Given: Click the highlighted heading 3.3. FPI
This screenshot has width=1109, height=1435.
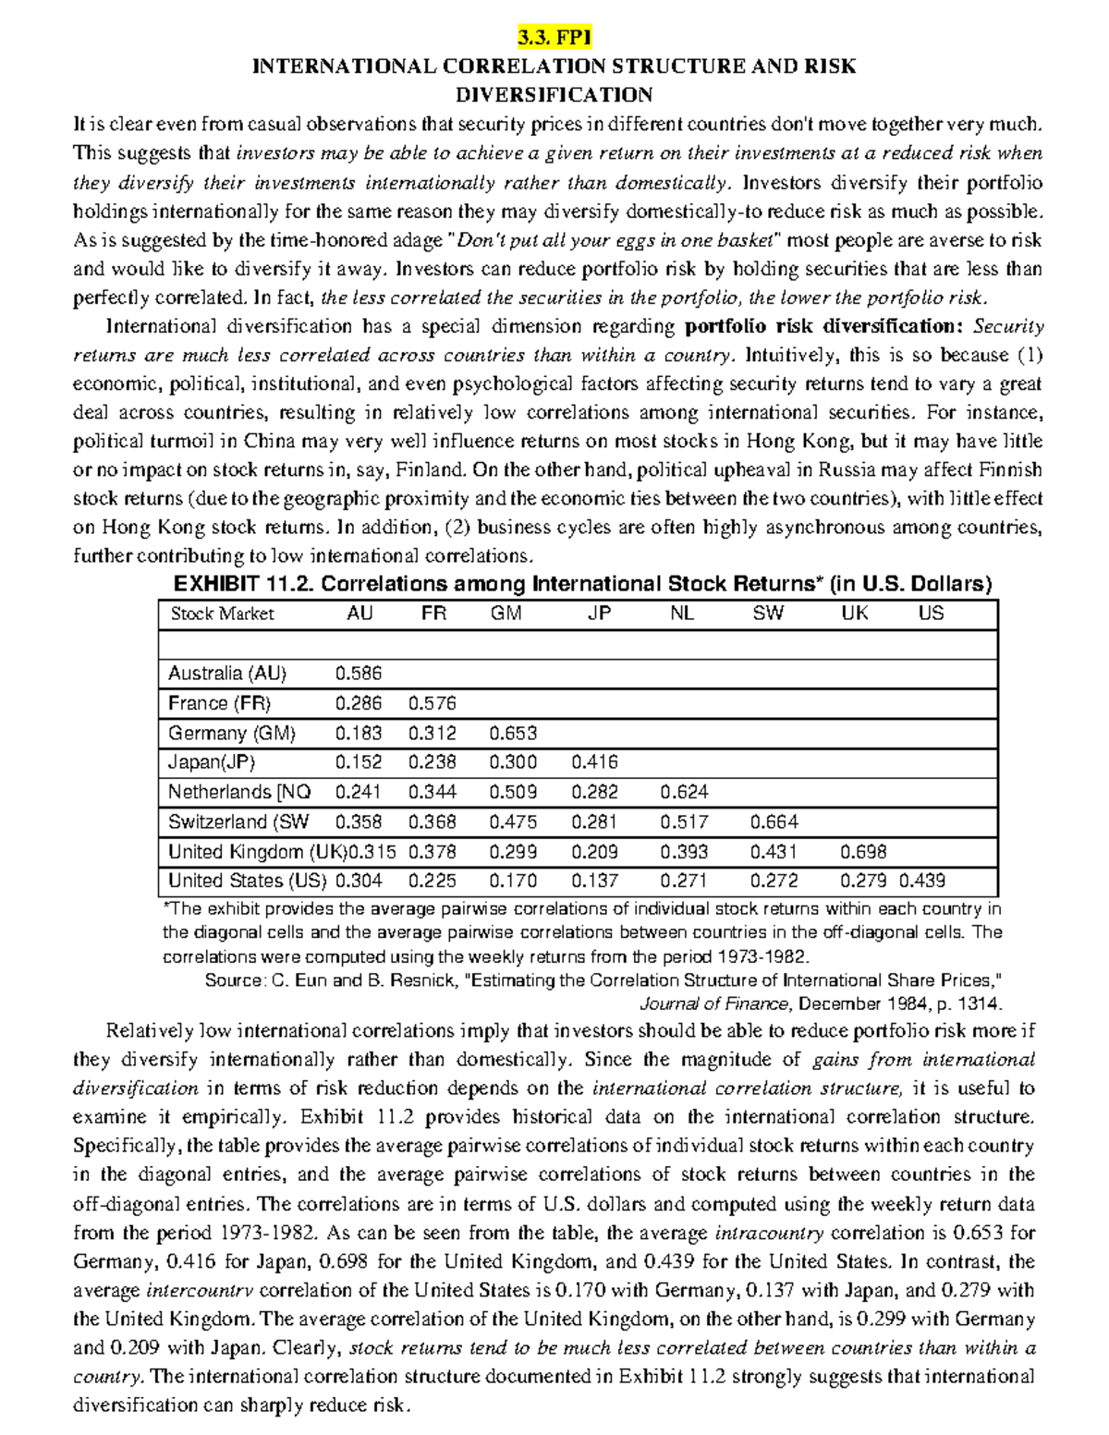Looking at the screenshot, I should [554, 38].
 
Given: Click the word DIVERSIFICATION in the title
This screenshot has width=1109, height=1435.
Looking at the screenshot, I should [554, 95].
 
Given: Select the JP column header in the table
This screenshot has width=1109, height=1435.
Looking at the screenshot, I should [599, 614].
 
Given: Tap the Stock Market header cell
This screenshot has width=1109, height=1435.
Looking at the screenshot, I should [222, 614].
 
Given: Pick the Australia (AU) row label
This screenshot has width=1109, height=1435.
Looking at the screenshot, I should [227, 674].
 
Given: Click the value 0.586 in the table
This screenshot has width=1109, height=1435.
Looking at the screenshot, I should [359, 674].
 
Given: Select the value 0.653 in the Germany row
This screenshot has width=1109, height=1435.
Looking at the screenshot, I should [513, 734].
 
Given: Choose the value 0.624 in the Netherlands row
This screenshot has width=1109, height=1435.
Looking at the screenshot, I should [685, 792].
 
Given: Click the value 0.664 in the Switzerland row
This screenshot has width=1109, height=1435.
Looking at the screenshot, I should [774, 821].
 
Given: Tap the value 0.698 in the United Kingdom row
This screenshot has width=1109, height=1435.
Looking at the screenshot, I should [863, 851].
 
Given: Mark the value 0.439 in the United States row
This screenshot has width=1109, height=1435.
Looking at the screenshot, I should [922, 881].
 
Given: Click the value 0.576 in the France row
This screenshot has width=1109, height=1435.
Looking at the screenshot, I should [433, 703].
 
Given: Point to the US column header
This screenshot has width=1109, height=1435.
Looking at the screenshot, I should [931, 614].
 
